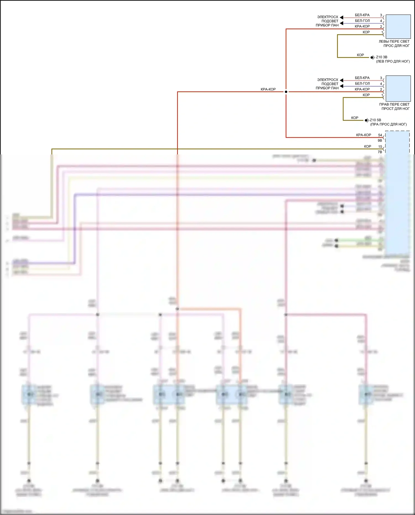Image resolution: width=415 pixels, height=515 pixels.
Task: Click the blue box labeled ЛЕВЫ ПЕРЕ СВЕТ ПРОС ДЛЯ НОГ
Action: [398, 27]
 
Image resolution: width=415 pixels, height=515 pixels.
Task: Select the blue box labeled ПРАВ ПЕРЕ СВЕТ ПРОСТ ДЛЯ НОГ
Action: [398, 89]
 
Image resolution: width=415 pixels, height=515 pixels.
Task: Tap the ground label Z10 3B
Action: [382, 57]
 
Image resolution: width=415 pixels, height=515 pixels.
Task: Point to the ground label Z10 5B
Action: [375, 120]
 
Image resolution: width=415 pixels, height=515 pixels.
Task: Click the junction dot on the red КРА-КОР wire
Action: [286, 92]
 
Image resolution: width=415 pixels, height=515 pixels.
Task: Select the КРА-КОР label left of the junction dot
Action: [268, 89]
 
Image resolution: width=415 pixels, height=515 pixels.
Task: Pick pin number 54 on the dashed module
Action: [380, 135]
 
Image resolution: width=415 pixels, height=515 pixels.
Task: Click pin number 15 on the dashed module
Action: [380, 146]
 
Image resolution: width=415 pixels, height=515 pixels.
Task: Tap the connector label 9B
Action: [380, 141]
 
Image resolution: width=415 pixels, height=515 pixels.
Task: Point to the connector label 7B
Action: [380, 152]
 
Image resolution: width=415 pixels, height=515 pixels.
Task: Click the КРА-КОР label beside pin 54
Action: [364, 135]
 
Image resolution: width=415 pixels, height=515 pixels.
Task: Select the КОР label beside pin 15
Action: [367, 146]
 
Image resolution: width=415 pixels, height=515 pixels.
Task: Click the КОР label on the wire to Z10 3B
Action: [360, 55]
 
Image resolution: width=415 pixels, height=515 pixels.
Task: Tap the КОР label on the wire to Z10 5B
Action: [355, 118]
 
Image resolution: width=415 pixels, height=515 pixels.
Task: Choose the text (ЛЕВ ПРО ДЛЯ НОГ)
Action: [393, 61]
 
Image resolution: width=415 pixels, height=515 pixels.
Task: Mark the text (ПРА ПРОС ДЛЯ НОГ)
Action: [388, 124]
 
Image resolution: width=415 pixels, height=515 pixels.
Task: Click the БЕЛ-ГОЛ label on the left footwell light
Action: [362, 21]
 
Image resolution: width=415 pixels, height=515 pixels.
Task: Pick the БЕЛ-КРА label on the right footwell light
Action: [362, 78]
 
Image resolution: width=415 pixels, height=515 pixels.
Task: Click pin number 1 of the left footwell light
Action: [382, 32]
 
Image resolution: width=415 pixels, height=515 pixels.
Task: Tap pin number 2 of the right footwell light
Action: [381, 89]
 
